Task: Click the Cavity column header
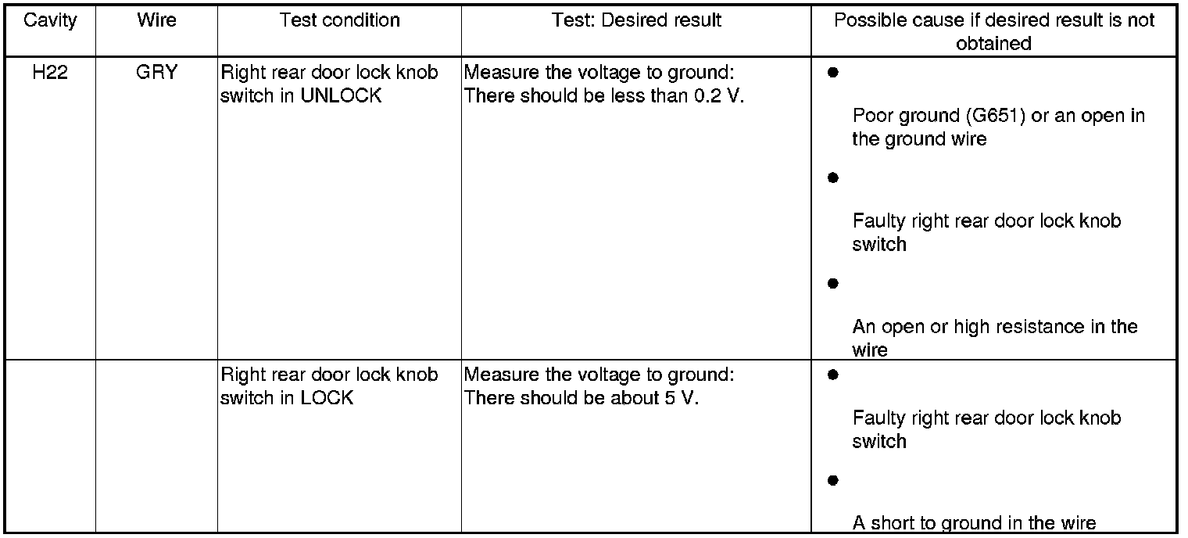tap(51, 20)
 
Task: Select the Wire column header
tap(156, 20)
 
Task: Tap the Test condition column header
tap(339, 20)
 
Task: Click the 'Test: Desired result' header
tap(636, 20)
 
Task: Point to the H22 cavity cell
tap(51, 74)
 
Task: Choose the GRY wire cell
tap(156, 74)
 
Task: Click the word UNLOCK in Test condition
tap(341, 96)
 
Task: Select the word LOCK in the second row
tap(327, 398)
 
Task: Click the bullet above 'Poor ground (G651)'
tap(832, 73)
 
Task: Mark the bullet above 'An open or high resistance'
tap(832, 282)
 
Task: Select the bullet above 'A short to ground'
tap(832, 479)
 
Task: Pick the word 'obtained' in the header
tap(993, 44)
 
